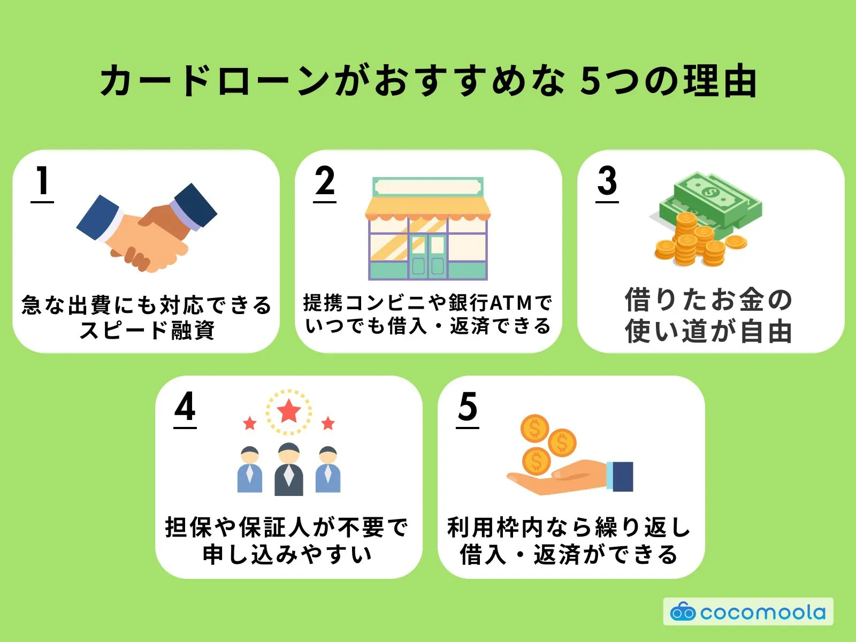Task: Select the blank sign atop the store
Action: tap(427, 187)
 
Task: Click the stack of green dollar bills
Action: tap(712, 201)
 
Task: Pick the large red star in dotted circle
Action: tap(289, 411)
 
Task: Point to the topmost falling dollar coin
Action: tap(534, 428)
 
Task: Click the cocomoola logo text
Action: tap(762, 612)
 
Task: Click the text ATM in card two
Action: tap(511, 303)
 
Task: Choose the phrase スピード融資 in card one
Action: tap(147, 330)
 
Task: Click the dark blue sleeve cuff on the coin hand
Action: tap(622, 476)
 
